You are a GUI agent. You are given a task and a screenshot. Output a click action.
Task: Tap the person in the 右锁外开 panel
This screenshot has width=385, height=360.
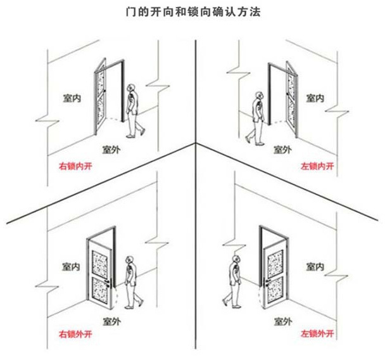pyautogui.click(x=130, y=281)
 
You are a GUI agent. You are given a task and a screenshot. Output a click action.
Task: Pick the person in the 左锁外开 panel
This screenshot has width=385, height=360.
pyautogui.click(x=234, y=281)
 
